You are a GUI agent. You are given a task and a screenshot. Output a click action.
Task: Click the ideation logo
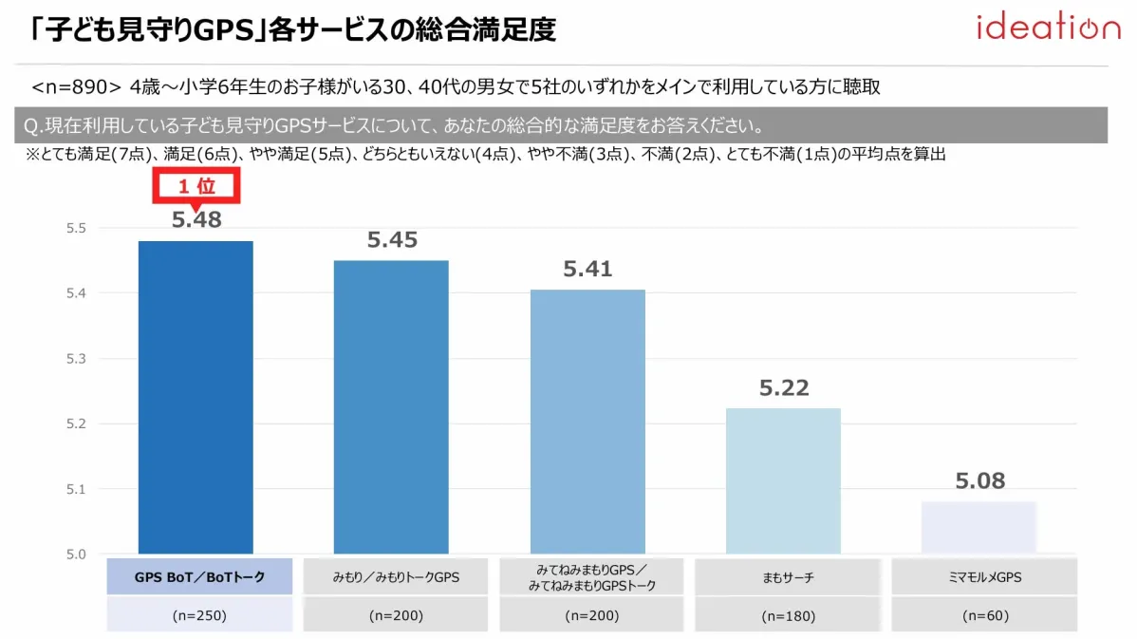tap(1048, 28)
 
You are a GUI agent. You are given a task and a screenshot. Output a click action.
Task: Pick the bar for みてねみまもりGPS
tap(587, 422)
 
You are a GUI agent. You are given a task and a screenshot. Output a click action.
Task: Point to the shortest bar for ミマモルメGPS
tap(979, 527)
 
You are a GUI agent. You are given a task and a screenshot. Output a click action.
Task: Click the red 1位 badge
tap(196, 187)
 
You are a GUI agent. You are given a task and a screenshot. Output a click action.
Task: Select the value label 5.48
tap(196, 220)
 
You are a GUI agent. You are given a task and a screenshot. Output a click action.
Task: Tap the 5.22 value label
tap(783, 387)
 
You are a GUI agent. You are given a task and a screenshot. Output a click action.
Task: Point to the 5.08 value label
tap(979, 480)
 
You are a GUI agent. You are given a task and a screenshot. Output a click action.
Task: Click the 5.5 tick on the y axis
tap(77, 228)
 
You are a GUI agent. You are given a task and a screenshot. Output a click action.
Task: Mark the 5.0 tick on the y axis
tap(77, 554)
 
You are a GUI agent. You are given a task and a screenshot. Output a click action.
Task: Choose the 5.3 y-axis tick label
tap(77, 359)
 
